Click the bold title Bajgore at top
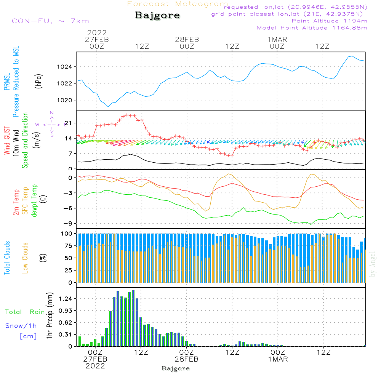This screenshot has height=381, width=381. coord(157,16)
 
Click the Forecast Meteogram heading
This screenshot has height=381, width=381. coord(177,4)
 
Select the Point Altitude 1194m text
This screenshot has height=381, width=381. coord(329,21)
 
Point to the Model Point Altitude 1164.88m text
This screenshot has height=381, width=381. coord(312,28)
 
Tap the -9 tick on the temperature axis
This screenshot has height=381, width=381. coord(69,224)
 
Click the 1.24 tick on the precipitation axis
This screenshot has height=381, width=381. coord(66,299)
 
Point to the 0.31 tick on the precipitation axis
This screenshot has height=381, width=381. coord(66,335)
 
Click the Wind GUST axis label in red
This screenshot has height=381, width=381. coord(7,141)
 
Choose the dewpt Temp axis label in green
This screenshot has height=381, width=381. coord(34,201)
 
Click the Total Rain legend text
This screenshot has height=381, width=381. coord(25,312)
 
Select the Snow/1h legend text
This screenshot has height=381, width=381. coord(21,326)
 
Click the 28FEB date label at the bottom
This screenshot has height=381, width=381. coord(187,359)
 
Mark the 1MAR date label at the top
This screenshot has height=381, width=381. coord(277,39)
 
